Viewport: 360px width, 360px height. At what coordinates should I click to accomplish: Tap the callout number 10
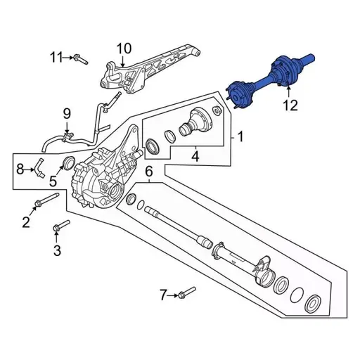(x=124, y=49)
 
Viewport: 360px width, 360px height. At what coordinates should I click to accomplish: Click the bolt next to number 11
(x=81, y=59)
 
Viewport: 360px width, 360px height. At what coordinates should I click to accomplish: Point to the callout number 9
(x=67, y=113)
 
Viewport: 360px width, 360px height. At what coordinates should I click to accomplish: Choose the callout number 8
(x=20, y=167)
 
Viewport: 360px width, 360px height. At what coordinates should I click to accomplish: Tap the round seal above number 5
(x=68, y=165)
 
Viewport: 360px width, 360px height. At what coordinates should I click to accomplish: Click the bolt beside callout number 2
(x=41, y=204)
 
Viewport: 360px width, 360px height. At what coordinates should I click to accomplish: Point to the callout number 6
(x=149, y=172)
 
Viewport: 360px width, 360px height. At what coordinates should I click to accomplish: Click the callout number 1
(x=240, y=136)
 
